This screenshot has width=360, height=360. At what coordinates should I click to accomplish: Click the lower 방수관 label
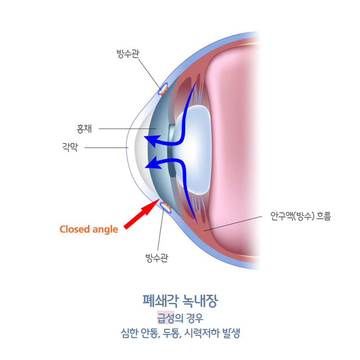tap(157, 258)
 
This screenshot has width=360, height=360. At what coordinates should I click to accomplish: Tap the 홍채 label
tap(84, 129)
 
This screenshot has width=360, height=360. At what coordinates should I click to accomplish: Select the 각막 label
tap(70, 147)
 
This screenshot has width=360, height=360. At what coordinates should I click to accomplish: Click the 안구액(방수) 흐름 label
tap(300, 216)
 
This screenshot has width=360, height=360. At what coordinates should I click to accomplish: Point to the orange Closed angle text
tap(89, 229)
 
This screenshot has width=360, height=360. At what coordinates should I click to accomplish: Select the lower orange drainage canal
tap(166, 207)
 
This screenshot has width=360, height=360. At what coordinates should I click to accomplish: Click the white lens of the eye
tap(193, 148)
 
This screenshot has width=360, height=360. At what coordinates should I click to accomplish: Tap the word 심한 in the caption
tap(127, 334)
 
